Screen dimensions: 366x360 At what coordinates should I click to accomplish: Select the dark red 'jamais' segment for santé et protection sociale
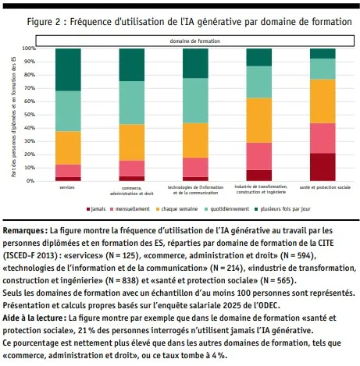coord(323,166)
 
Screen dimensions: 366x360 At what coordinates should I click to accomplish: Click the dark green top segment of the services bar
coord(69,69)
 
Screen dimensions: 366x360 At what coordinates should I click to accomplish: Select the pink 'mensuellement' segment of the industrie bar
coord(258,156)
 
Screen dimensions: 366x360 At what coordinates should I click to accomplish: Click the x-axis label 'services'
coord(69,187)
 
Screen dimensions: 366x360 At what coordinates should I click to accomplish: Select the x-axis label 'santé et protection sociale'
coord(323,187)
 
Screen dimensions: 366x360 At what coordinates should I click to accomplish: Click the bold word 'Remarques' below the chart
coord(24,232)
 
